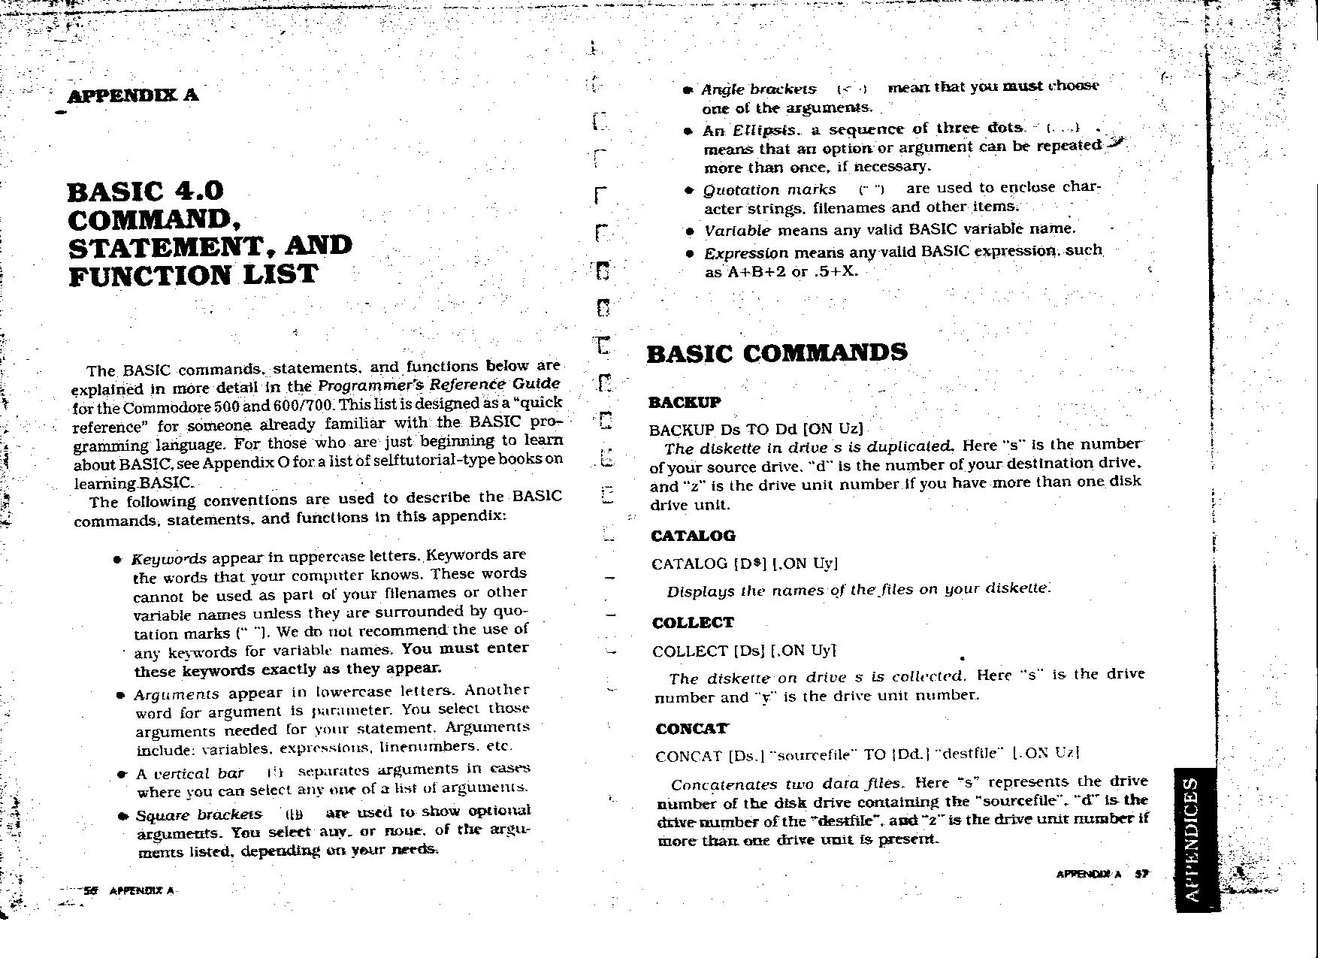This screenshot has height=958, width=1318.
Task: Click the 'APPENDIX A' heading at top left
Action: [x=132, y=95]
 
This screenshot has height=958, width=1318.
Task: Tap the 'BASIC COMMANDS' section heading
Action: [x=777, y=353]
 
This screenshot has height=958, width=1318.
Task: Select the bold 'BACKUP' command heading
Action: [x=685, y=402]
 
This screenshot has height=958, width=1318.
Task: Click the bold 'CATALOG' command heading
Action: [x=693, y=536]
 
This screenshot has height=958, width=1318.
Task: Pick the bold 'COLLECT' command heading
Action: [x=693, y=623]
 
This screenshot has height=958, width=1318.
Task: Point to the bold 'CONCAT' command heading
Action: [x=691, y=729]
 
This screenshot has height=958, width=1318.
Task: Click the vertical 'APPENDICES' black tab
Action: [x=1193, y=839]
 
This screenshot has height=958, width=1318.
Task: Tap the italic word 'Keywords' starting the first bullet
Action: [x=169, y=559]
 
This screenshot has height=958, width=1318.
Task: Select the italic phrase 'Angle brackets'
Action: [x=759, y=89]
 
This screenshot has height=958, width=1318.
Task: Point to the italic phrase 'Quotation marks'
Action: [x=769, y=189]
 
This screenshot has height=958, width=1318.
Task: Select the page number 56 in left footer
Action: [x=91, y=891]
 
